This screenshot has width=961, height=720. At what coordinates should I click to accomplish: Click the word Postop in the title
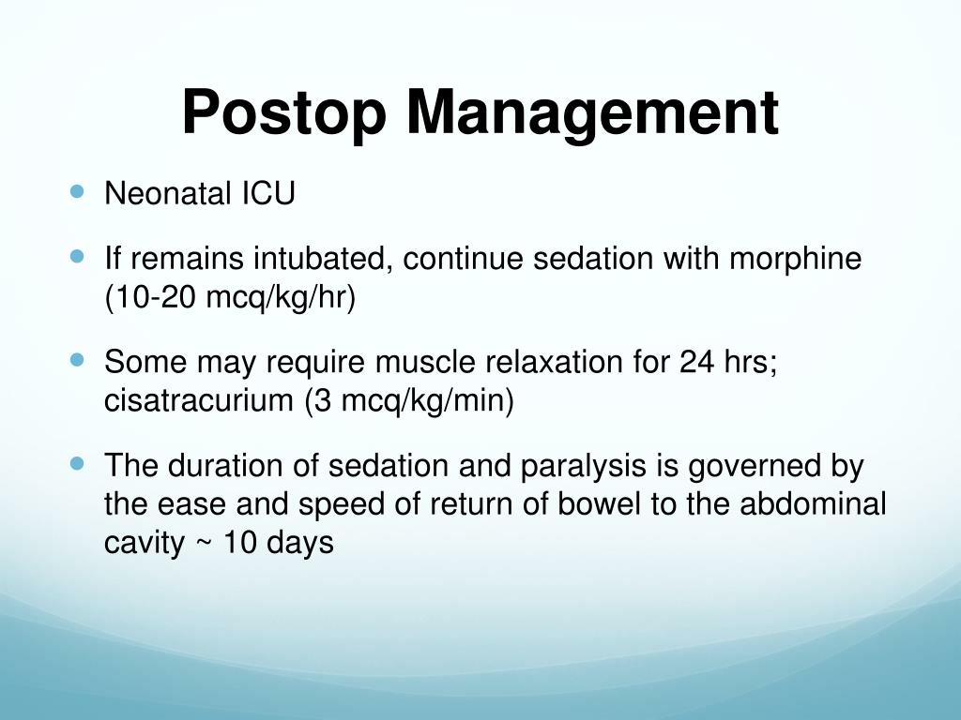click(x=284, y=112)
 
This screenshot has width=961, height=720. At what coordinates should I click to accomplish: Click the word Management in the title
click(x=592, y=112)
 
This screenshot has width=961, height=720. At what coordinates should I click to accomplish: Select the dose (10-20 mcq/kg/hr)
click(x=230, y=298)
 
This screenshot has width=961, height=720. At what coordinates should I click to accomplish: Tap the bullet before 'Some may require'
click(x=77, y=359)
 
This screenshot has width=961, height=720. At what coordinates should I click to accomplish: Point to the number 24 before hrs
click(x=699, y=362)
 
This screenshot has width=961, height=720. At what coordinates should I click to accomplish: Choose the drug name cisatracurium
click(x=198, y=401)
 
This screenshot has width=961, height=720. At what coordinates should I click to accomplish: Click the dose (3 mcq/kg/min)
click(x=408, y=401)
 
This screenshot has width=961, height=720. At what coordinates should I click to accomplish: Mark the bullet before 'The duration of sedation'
click(x=77, y=462)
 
